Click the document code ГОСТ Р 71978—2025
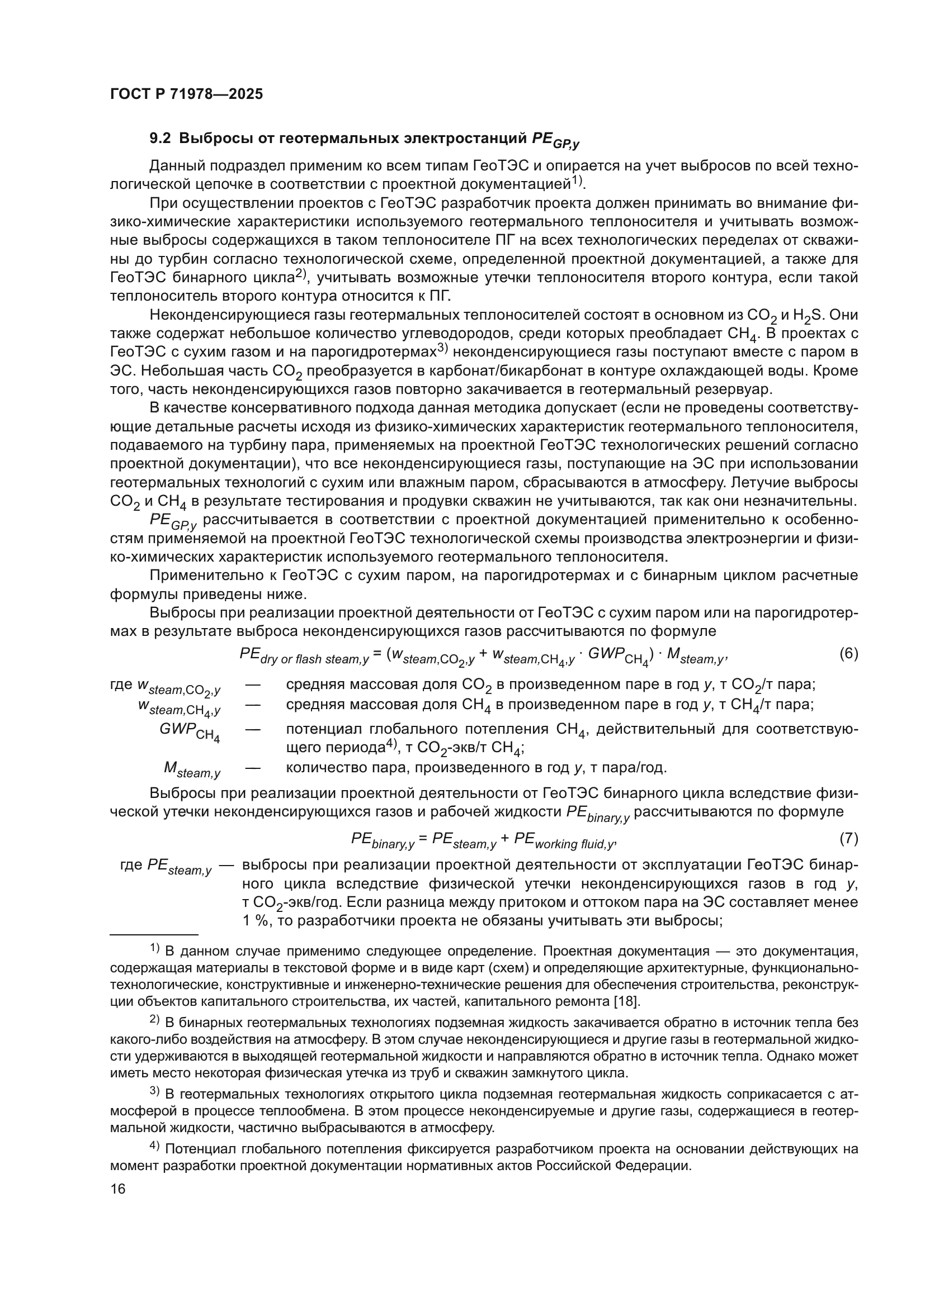186,94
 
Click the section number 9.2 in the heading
162,139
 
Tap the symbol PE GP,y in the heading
555,140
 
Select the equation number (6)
849,654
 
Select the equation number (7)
849,838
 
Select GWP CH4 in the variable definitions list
190,732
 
